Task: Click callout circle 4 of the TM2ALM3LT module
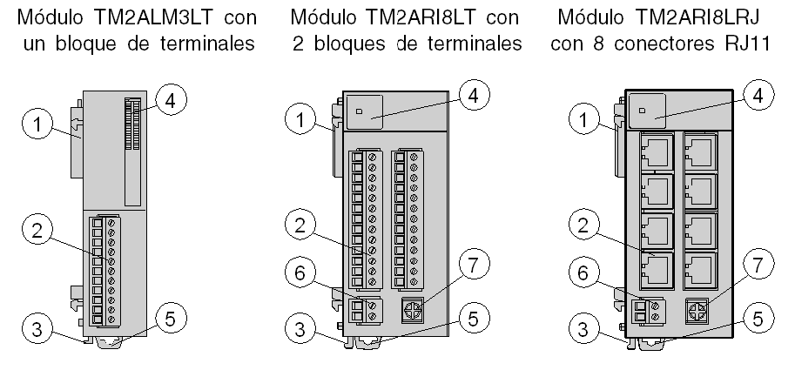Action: [172, 99]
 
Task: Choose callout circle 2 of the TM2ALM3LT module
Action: [33, 232]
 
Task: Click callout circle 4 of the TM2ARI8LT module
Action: [471, 95]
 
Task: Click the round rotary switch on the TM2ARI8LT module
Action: [415, 311]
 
